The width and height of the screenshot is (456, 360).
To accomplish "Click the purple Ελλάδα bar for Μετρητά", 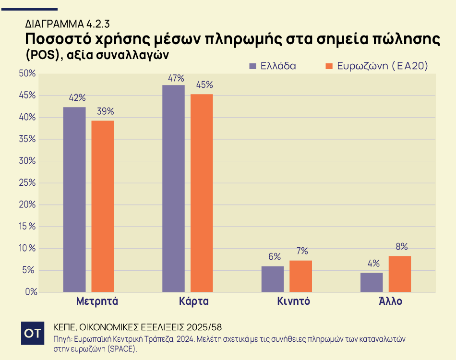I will click(74, 199).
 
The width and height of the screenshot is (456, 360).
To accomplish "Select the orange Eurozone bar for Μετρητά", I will click(103, 206).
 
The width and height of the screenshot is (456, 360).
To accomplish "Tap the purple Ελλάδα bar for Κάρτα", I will click(173, 188).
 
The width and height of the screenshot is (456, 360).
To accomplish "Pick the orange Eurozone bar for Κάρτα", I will click(202, 192).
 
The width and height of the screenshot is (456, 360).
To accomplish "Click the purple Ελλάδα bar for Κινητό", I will click(273, 279).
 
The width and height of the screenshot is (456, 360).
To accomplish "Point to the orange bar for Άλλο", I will click(400, 274).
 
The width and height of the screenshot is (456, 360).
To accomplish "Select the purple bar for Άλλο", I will click(372, 282).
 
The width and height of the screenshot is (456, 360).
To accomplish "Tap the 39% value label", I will click(105, 111).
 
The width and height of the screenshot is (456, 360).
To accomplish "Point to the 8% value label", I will click(401, 247).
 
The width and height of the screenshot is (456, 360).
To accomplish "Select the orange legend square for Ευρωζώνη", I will click(329, 66).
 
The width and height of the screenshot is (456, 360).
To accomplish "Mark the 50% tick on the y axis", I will click(27, 73).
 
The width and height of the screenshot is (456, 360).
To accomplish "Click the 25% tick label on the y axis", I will click(27, 183).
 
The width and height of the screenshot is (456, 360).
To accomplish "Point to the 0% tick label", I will click(30, 292).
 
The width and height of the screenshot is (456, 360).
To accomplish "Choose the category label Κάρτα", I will click(194, 302).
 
